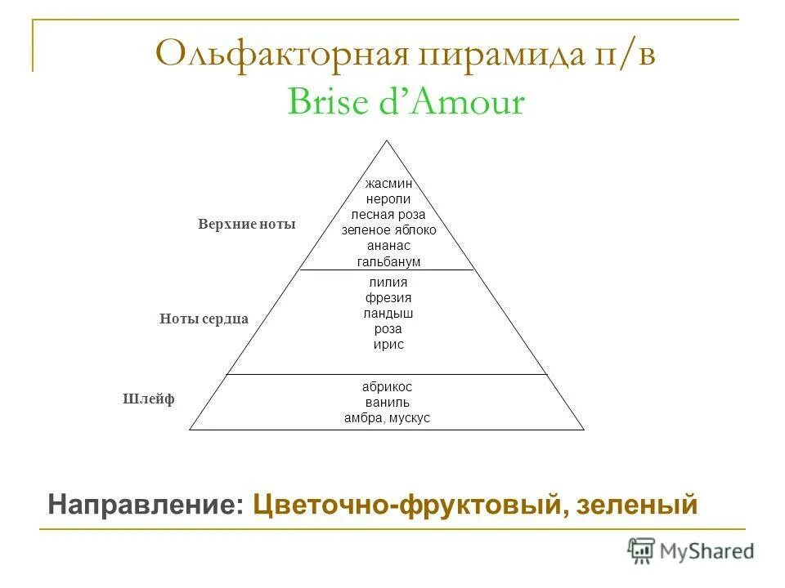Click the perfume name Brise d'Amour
click(x=406, y=104)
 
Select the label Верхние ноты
click(x=246, y=224)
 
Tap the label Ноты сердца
click(x=204, y=319)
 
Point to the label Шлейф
click(x=149, y=399)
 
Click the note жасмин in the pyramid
click(x=388, y=184)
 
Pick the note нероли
click(x=388, y=198)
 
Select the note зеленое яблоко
click(x=388, y=230)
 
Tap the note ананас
click(x=388, y=246)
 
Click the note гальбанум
click(x=388, y=261)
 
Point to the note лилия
click(x=388, y=283)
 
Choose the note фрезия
click(x=388, y=298)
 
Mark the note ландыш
click(x=388, y=314)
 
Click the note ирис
click(x=388, y=345)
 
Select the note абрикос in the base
click(x=387, y=387)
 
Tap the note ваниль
click(x=387, y=403)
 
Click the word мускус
click(x=408, y=418)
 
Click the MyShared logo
click(x=692, y=551)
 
